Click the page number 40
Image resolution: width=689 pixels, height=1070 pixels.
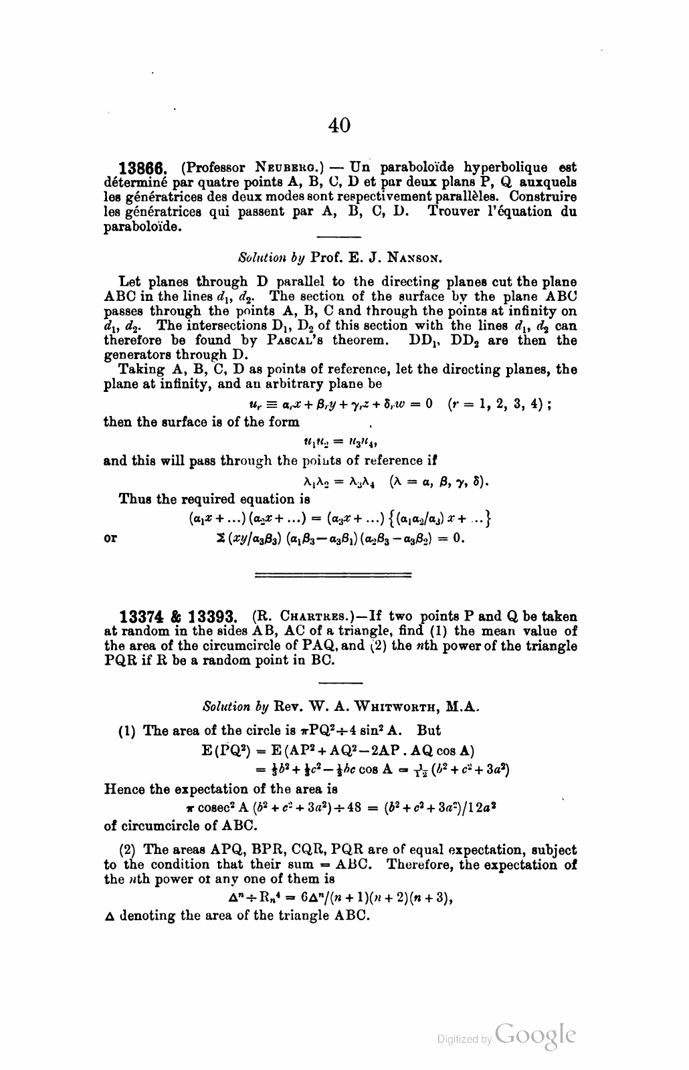tap(340, 124)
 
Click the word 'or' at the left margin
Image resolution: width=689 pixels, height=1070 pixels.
tap(111, 538)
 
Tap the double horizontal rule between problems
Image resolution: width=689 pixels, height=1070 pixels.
tap(333, 574)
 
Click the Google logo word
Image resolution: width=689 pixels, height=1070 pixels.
tap(535, 1036)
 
